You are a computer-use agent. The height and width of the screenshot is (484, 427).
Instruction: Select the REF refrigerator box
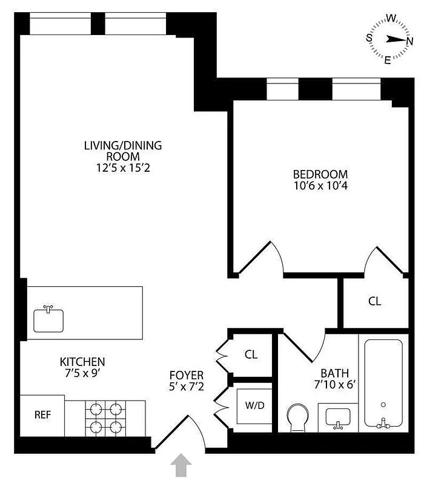point(42,415)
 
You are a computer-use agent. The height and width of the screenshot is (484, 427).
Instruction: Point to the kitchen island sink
point(48,319)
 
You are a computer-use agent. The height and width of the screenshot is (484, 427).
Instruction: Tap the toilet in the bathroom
point(297,418)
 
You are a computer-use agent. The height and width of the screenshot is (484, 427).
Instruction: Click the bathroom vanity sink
point(338,417)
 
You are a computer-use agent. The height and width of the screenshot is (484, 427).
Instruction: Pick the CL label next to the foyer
point(251,355)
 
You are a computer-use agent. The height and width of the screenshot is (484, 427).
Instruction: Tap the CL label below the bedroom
point(375,301)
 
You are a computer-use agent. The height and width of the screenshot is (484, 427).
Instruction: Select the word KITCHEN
point(82,362)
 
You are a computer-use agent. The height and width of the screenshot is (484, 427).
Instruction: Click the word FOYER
point(187,375)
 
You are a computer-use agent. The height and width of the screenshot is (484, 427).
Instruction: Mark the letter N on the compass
point(409,41)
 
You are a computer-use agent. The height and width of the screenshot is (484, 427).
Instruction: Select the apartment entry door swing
point(185,433)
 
